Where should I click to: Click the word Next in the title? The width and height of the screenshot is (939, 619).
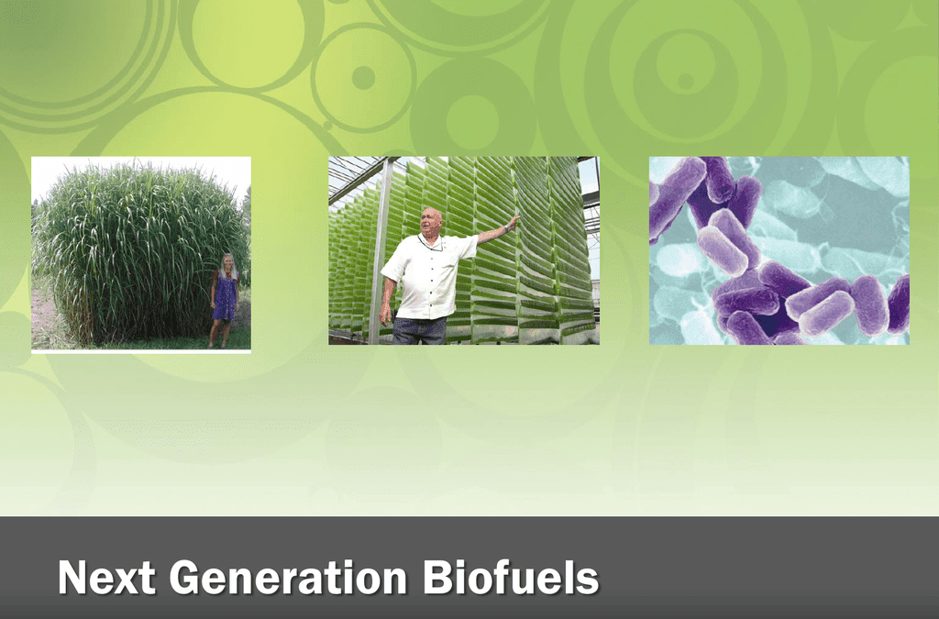tap(105, 579)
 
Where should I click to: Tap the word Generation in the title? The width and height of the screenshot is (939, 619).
tap(288, 579)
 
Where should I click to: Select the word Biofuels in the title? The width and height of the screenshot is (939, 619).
tap(511, 579)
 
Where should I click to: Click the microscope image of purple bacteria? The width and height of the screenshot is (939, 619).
tap(779, 250)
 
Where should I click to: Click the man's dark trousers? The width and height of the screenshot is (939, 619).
tap(420, 330)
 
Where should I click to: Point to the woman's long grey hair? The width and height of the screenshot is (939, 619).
tap(227, 266)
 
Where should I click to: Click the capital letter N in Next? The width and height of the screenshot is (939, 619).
tap(72, 579)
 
